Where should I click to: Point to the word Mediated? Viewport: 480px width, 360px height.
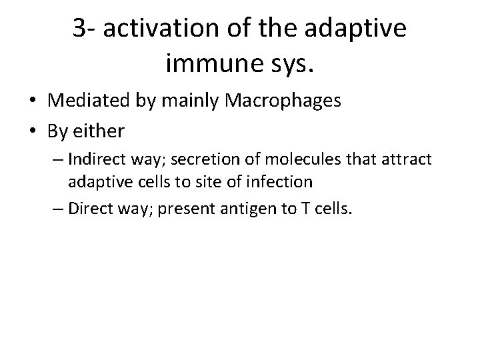point(85,101)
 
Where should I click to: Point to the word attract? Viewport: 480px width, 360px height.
point(404,161)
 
